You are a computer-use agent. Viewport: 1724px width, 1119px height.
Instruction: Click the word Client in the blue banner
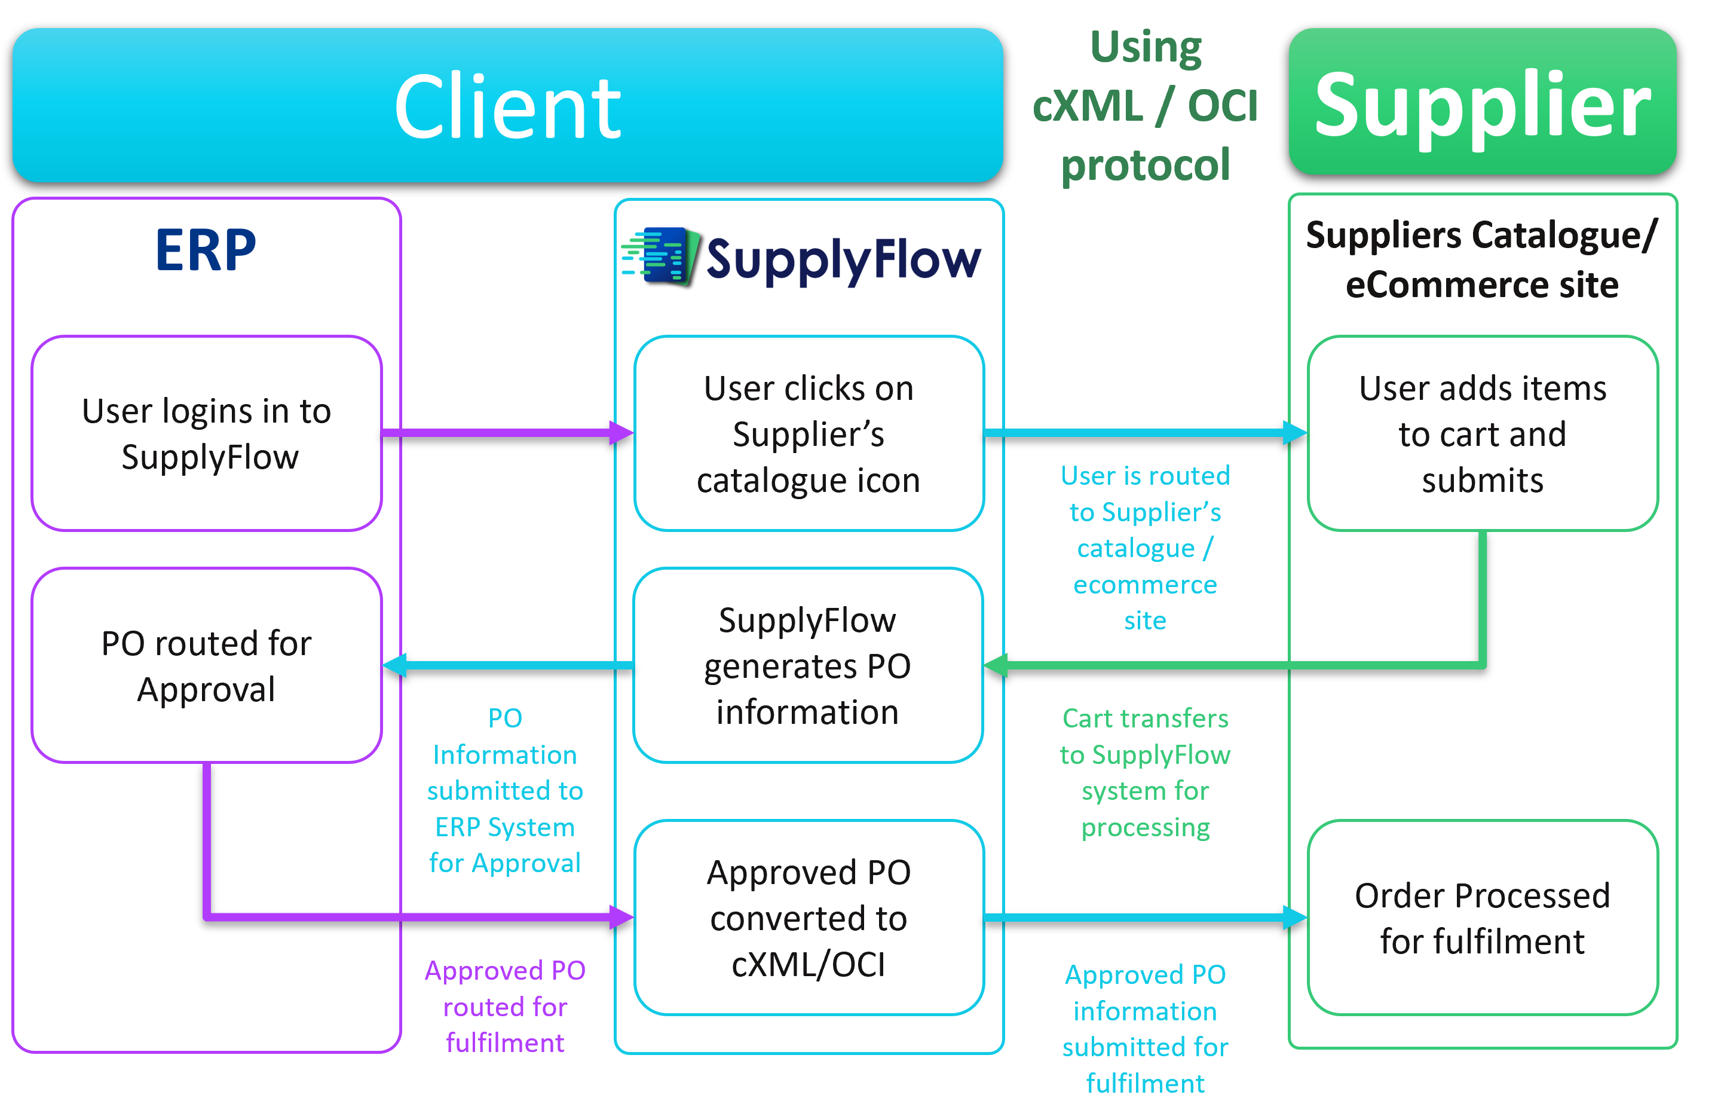(507, 107)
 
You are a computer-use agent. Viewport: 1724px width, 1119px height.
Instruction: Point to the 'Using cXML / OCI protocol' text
(1145, 106)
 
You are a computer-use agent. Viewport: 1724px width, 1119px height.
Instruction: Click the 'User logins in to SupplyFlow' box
(206, 433)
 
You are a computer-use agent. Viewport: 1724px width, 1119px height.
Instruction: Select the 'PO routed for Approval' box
(206, 665)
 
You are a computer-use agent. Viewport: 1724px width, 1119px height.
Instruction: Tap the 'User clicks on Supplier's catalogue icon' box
(809, 433)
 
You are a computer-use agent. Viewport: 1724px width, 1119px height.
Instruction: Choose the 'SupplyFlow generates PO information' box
(808, 665)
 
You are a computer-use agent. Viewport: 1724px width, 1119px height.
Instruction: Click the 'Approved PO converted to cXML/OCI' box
(809, 918)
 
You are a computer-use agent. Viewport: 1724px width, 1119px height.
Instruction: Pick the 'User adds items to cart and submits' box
(1482, 433)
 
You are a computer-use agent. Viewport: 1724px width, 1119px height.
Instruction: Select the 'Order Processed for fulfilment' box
(1482, 918)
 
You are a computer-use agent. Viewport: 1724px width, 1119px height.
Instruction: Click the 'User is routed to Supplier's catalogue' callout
(1145, 548)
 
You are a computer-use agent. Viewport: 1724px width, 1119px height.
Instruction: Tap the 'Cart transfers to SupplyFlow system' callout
(1145, 772)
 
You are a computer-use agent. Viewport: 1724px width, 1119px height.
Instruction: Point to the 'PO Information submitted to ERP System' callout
(505, 790)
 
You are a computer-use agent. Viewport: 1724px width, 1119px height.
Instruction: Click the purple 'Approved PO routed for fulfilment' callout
(505, 1006)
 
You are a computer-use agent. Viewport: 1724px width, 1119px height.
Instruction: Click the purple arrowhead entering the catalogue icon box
(621, 433)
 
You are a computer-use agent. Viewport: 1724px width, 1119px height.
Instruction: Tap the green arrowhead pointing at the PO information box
(996, 665)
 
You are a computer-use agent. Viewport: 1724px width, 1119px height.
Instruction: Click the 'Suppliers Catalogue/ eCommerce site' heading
(1482, 259)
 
